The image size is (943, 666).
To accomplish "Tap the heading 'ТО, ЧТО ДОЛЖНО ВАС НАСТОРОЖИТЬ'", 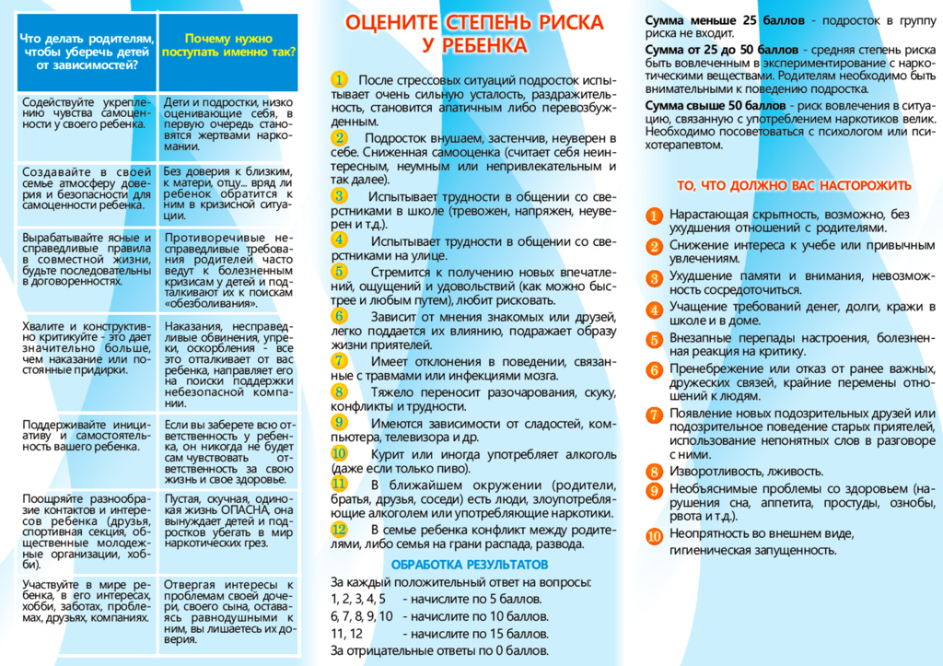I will tap(794, 185).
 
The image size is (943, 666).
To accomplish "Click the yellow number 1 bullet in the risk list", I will tap(340, 80).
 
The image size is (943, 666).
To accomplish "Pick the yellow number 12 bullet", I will tap(340, 529).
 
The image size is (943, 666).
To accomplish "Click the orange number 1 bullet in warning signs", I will tap(654, 216).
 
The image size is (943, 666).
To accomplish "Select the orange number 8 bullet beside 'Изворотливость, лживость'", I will tap(654, 472).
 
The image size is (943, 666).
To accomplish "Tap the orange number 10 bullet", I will tap(654, 535).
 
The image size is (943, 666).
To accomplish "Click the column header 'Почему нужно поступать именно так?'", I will tap(228, 46).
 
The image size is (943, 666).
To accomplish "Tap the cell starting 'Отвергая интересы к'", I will tap(228, 612).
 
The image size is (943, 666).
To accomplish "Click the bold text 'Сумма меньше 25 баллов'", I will tap(712, 20).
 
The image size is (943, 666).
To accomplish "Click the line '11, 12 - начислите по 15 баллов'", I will tap(440, 634).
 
